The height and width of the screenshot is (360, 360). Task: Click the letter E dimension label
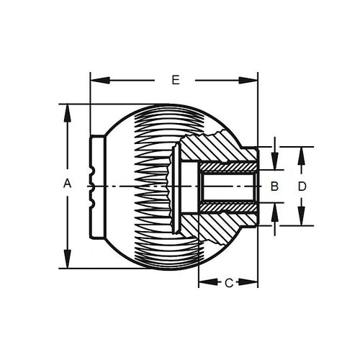[x=175, y=80]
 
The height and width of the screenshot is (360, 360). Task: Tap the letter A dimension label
[x=67, y=184]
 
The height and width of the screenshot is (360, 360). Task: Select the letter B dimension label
[x=274, y=186]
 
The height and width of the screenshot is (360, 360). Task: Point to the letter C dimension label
[x=228, y=283]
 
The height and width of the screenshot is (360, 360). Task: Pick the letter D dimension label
[x=302, y=186]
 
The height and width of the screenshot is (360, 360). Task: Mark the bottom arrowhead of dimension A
[x=67, y=263]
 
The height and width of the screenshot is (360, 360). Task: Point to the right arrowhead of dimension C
[x=253, y=283]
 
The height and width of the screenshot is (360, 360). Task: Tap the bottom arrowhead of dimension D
[x=302, y=220]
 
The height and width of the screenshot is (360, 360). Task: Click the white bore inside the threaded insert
[x=229, y=186]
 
